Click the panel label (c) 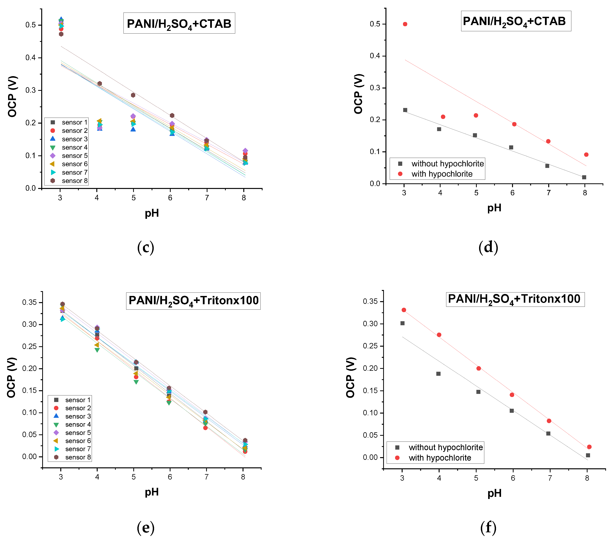tap(145, 248)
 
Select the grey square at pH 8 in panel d tap(584, 177)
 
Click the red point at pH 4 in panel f tap(439, 335)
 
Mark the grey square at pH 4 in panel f tap(438, 374)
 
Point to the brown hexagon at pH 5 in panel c tap(133, 95)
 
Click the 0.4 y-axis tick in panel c tap(31, 57)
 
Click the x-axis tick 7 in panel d tap(548, 193)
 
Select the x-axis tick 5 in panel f tap(476, 478)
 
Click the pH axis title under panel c tap(152, 213)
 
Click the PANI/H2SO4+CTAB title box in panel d tap(516, 21)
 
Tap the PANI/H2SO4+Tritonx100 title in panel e tap(193, 301)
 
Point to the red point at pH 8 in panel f tap(589, 447)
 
